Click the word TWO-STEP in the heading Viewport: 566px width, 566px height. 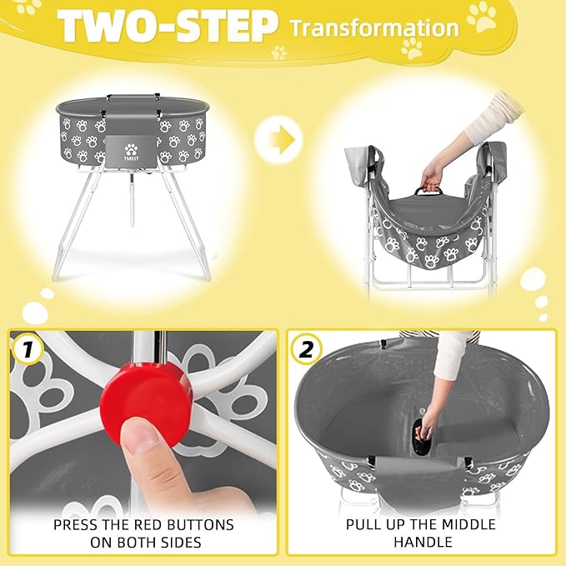[x=168, y=28]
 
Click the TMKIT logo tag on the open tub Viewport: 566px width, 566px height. [x=130, y=153]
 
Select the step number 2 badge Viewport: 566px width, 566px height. [x=306, y=350]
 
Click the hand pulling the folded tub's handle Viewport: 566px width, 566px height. [x=433, y=176]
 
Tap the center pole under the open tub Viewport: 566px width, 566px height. [x=131, y=201]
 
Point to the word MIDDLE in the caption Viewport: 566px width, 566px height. [x=466, y=524]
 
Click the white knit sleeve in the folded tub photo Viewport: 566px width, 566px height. [x=492, y=118]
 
